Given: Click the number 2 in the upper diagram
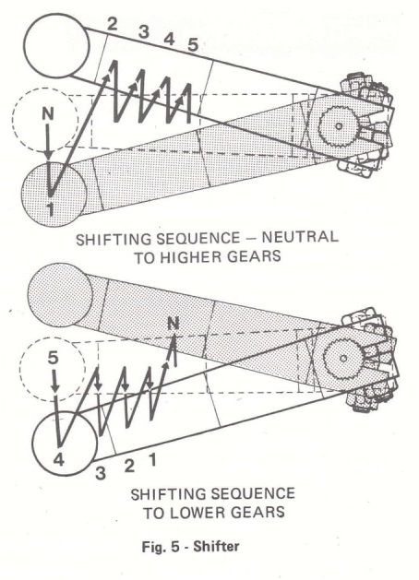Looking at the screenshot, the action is click(112, 24).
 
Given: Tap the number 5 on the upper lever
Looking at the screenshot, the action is click(193, 45).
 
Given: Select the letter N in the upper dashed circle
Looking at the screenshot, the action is click(48, 114).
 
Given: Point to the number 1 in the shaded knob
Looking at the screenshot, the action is click(51, 209).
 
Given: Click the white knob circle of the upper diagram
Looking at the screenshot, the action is click(56, 45).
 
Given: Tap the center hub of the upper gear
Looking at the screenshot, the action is click(338, 126).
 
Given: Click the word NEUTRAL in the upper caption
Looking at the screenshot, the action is click(300, 236).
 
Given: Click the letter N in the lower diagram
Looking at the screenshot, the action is click(173, 324).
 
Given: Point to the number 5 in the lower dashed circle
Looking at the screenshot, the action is click(54, 358).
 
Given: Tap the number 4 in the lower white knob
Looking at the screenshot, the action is click(59, 460).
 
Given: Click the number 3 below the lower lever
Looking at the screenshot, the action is click(101, 473).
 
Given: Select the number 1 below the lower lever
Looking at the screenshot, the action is click(152, 460).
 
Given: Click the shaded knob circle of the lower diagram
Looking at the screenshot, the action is click(60, 295).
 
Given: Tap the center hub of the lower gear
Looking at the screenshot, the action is click(343, 358).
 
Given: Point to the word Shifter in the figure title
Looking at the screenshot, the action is click(216, 546).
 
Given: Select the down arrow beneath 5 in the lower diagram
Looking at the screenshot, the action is click(54, 380).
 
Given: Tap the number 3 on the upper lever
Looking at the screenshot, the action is click(144, 32).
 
